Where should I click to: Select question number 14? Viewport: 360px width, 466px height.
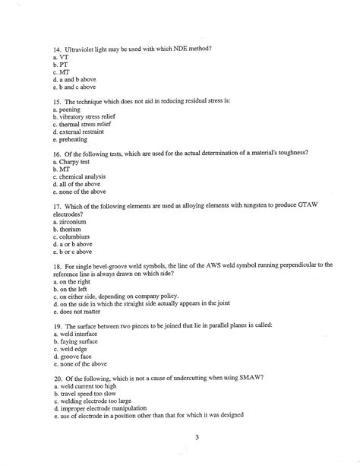[x=58, y=49]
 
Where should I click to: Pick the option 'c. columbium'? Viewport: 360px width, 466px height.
[x=73, y=236]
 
